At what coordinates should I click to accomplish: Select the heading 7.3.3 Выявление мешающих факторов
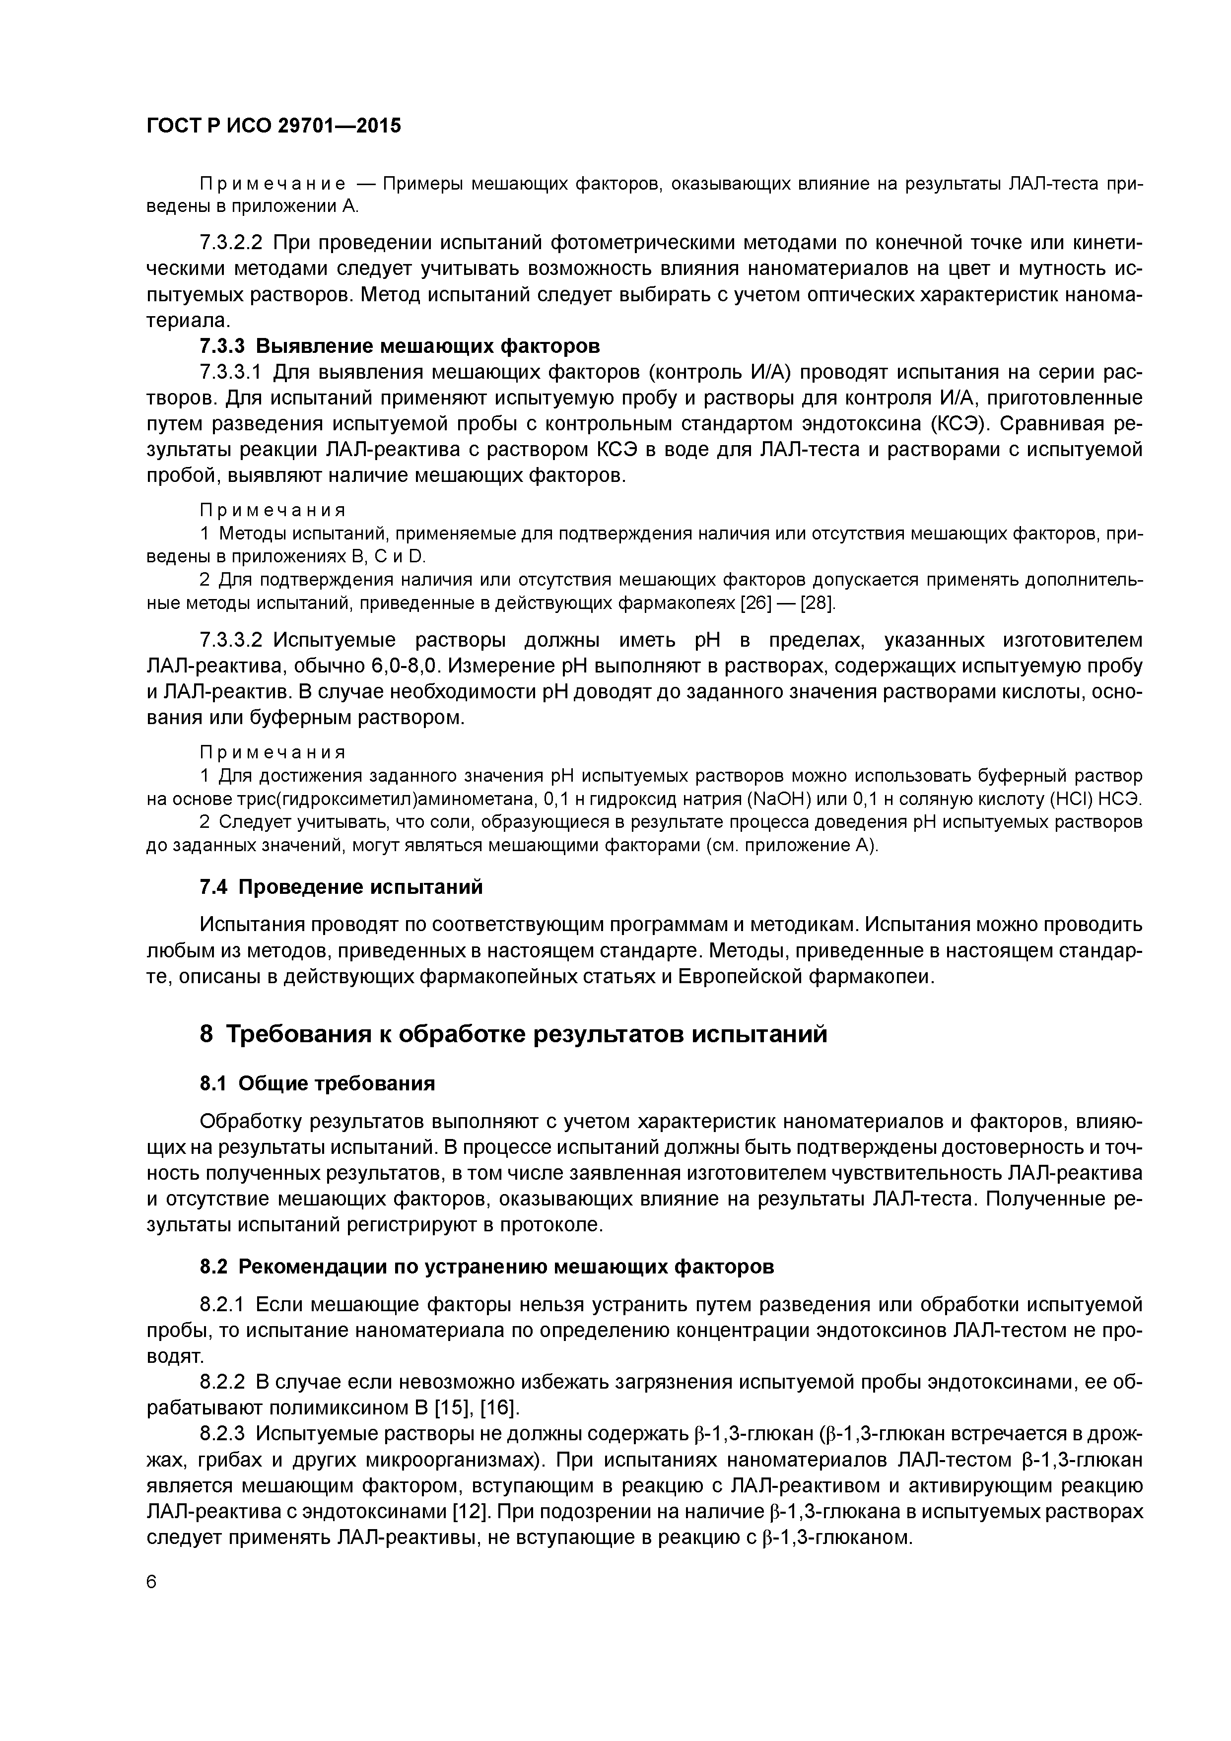point(400,346)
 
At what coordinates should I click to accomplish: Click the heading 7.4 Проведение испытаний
point(342,886)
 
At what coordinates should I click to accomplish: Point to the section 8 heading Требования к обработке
point(513,1033)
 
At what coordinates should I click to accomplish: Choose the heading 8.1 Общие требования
point(317,1083)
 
